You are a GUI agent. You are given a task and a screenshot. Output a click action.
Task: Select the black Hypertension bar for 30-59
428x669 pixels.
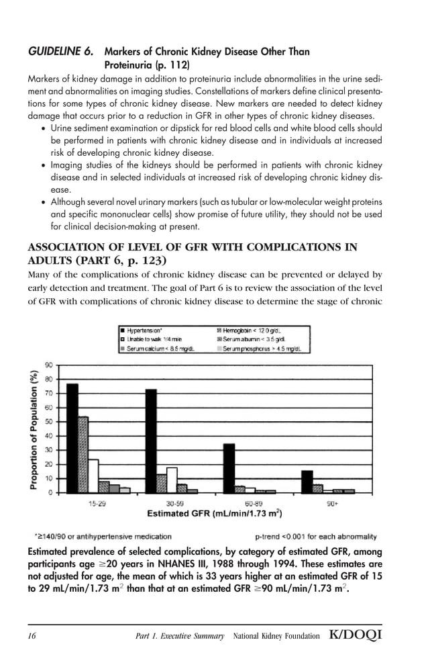[151, 441]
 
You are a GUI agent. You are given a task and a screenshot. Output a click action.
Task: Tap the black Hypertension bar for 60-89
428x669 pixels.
[229, 468]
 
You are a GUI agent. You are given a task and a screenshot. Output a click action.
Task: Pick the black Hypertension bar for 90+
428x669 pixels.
[307, 482]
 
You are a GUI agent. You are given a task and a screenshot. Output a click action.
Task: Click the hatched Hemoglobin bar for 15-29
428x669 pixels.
[83, 455]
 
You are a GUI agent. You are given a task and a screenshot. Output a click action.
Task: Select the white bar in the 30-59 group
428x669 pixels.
[172, 480]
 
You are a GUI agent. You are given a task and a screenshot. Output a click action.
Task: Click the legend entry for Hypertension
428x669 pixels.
[143, 330]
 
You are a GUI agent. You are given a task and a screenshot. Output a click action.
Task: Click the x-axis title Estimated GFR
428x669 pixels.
[214, 514]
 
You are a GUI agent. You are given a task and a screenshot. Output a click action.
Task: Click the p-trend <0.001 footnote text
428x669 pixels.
[316, 537]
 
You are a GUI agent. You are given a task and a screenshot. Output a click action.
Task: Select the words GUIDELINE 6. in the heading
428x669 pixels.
[60, 52]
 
